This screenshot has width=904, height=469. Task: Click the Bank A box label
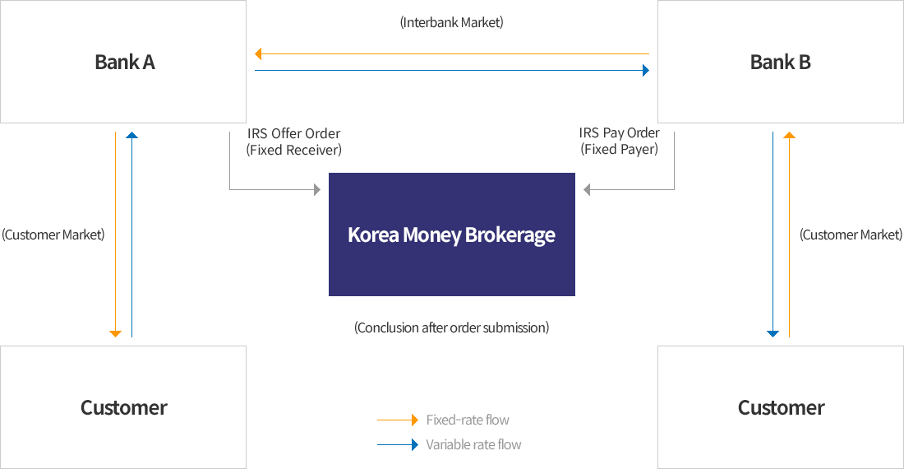tap(125, 62)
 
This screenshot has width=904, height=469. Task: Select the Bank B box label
tap(780, 62)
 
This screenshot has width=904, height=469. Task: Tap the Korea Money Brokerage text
tap(451, 234)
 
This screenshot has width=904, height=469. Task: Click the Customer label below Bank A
tap(124, 407)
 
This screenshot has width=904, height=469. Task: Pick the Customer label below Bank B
tap(782, 407)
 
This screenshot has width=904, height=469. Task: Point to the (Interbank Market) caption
tap(451, 22)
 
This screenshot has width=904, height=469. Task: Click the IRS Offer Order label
tap(294, 133)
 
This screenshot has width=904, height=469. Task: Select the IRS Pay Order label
tap(619, 132)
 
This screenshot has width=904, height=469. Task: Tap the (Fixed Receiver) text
tap(294, 150)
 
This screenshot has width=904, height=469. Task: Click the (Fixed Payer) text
tap(619, 150)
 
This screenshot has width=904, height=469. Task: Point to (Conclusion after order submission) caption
tap(451, 327)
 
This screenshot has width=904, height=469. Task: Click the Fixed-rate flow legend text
tap(468, 420)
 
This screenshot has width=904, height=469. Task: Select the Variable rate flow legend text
tap(473, 445)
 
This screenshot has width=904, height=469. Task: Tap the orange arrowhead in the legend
tap(415, 420)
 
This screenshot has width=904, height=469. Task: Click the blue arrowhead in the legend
tap(415, 445)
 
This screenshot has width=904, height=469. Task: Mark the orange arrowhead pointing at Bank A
tap(258, 53)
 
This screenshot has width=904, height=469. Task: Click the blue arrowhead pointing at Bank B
tap(646, 71)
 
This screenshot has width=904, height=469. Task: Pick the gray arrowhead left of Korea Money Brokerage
tap(317, 189)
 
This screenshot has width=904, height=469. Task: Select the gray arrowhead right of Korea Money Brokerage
tap(587, 189)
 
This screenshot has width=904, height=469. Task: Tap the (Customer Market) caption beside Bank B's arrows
tap(851, 234)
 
